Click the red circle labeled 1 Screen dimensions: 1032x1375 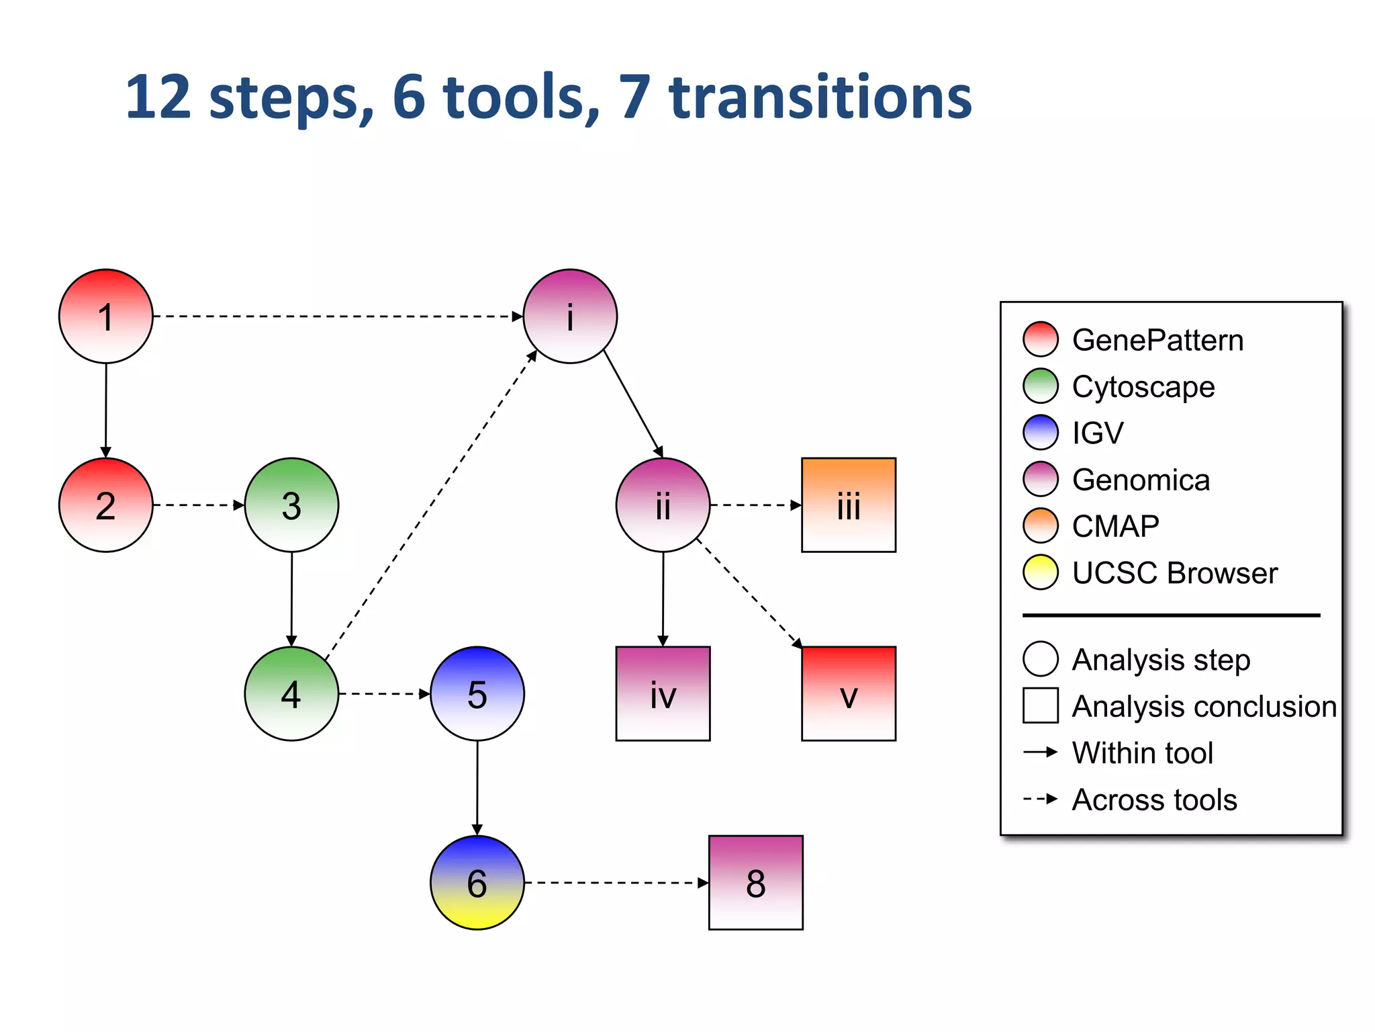pos(106,316)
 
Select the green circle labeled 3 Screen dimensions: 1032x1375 pos(291,505)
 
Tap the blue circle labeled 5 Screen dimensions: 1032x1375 pos(477,693)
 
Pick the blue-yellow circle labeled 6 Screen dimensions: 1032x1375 pos(477,882)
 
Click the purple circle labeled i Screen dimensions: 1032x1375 pos(570,316)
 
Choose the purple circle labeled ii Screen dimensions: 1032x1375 pos(663,505)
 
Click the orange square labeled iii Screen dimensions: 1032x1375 pos(849,505)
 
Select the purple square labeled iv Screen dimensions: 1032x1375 pos(663,693)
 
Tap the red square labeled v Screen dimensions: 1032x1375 pos(849,693)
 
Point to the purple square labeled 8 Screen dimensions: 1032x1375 pos(756,882)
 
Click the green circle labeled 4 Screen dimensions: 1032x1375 pos(291,693)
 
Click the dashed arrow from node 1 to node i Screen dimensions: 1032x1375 pos(336,316)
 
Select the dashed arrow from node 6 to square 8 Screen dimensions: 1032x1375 pos(614,882)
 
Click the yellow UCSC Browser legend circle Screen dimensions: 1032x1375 pos(1041,572)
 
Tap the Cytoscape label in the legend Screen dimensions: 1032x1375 pos(1143,386)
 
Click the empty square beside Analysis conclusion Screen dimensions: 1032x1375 pos(1041,705)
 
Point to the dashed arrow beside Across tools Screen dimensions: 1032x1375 pos(1041,799)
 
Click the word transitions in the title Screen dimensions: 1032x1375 pos(820,97)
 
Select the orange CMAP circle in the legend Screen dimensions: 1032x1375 pos(1041,525)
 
